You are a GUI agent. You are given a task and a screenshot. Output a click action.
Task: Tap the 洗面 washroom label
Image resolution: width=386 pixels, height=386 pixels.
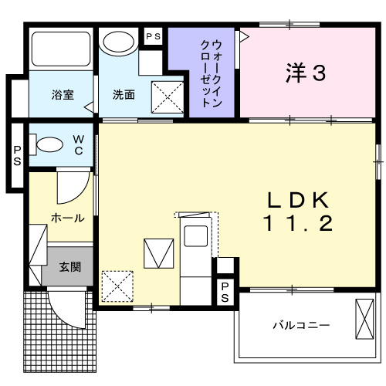tap(124, 95)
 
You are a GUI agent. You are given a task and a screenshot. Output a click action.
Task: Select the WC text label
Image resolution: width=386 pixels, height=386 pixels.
tap(79, 144)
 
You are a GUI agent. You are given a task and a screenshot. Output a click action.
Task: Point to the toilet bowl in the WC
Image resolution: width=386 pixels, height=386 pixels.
tap(49, 144)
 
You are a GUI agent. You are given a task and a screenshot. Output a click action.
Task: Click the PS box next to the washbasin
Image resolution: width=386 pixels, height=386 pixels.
tap(154, 36)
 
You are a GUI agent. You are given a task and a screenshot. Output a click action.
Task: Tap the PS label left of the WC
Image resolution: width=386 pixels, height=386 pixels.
tap(16, 155)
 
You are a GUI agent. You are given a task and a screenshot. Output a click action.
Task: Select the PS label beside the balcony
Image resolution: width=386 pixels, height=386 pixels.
tap(225, 293)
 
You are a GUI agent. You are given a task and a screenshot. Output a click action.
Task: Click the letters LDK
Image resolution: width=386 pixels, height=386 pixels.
tap(299, 201)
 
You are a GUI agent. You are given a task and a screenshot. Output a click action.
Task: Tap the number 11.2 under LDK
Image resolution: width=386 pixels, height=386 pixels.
tap(299, 225)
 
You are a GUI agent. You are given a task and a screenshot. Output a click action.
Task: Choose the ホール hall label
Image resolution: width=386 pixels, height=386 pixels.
tap(68, 218)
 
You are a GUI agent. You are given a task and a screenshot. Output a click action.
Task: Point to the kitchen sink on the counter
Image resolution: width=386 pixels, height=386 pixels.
tap(196, 235)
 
